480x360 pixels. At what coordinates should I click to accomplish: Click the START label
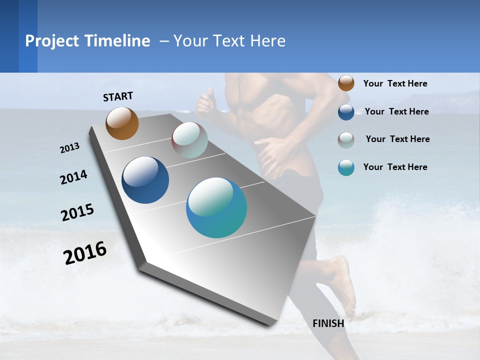tap(118, 96)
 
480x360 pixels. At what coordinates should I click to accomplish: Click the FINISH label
tap(328, 323)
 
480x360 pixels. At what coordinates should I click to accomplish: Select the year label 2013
tap(70, 148)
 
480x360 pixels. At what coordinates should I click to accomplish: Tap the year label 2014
tap(73, 177)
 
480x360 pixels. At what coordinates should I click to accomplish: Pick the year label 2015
tap(77, 212)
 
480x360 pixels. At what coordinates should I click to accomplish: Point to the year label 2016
tap(85, 253)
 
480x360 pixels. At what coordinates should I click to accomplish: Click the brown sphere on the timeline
tap(122, 123)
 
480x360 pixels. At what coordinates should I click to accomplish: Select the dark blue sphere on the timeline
tap(145, 180)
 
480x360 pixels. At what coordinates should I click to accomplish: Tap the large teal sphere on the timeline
tap(216, 207)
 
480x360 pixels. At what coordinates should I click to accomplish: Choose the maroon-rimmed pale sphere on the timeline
tap(189, 140)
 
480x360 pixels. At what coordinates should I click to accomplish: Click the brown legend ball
tap(346, 83)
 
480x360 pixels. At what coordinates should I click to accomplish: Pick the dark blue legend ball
tap(346, 111)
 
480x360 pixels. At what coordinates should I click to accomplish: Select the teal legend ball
tap(346, 167)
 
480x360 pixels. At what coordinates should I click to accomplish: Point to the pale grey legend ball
tap(346, 139)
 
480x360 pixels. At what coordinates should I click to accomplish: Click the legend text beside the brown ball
tap(395, 83)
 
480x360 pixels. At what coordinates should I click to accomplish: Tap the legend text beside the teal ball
tap(395, 167)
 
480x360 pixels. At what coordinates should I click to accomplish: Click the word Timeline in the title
tap(118, 41)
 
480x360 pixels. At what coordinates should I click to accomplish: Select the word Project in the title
tap(53, 41)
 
